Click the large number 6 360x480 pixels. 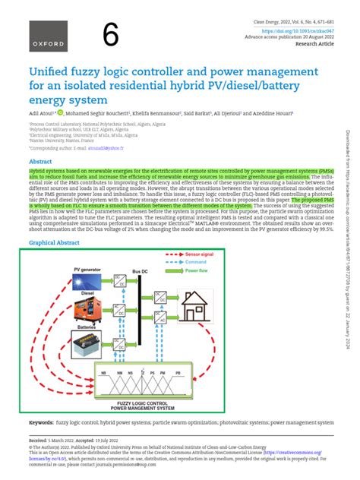click(x=112, y=35)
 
